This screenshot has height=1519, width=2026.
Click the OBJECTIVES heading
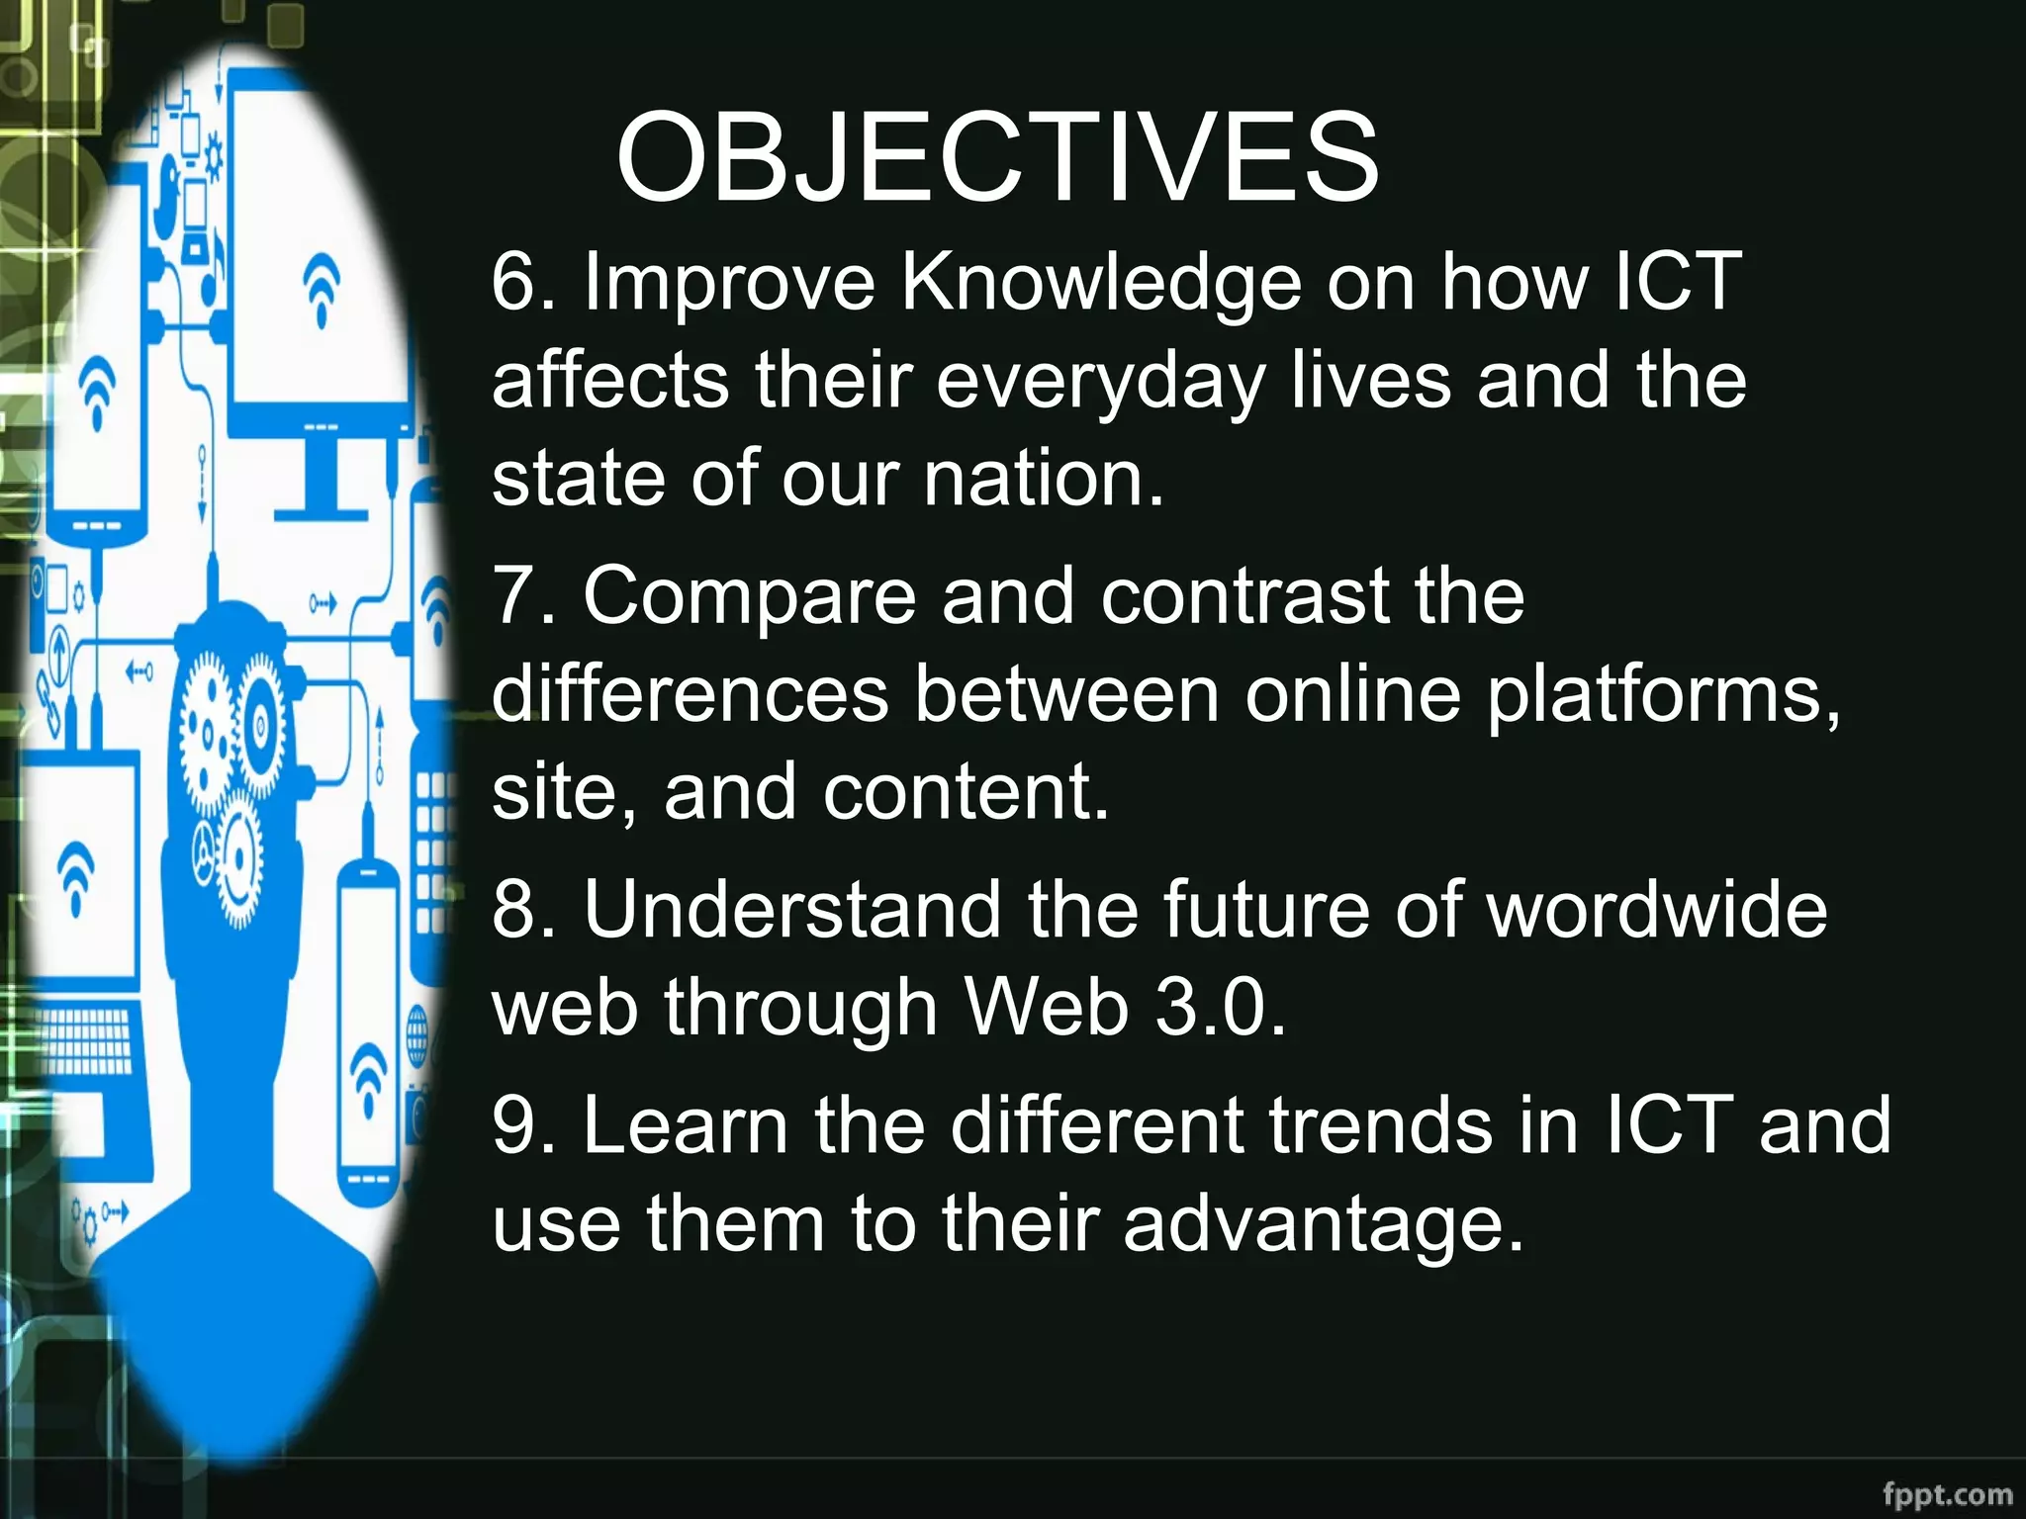[x=997, y=158]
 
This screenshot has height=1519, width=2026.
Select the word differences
[x=690, y=694]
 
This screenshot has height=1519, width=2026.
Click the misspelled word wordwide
[x=1657, y=910]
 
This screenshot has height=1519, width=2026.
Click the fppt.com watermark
[x=1947, y=1492]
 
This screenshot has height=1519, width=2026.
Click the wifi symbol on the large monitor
[x=322, y=287]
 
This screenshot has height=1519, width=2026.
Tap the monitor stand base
[x=322, y=514]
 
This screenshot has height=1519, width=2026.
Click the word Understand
[x=791, y=910]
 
